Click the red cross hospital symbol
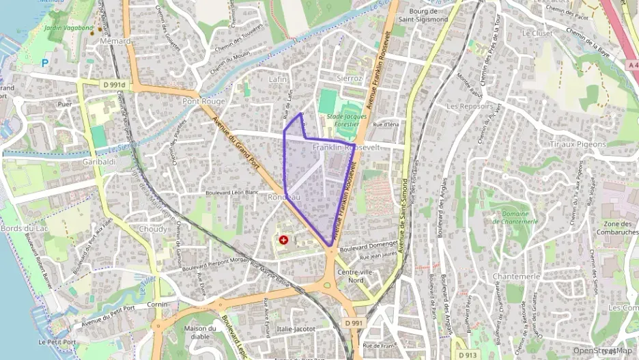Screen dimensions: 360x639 coord(283,240)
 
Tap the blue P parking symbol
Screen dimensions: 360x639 coord(45,63)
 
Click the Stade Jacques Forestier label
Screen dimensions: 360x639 coord(346,121)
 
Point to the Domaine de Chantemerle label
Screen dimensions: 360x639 coord(515,217)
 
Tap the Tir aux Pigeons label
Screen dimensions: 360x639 coord(578,144)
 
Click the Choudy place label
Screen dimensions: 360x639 coord(152,229)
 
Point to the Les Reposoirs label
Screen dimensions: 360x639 coord(471,107)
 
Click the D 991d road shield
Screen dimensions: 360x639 coord(114,84)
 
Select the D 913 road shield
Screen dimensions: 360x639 coord(468,355)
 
